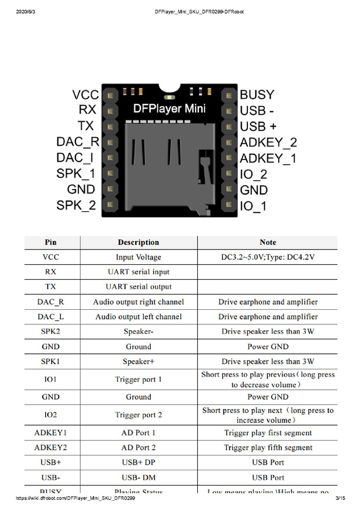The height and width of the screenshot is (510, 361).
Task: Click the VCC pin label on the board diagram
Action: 85,95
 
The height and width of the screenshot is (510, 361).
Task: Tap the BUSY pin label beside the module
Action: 257,95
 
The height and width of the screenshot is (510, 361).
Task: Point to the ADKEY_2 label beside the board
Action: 268,142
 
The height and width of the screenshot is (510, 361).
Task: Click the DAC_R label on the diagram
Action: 78,142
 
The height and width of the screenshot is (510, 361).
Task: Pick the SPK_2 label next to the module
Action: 76,205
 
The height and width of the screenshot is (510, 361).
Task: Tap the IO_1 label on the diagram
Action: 253,206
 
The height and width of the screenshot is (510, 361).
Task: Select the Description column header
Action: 138,242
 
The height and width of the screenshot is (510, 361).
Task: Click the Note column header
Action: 268,242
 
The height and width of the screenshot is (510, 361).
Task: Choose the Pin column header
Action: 51,242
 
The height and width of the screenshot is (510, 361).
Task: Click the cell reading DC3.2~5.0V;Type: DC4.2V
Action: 268,258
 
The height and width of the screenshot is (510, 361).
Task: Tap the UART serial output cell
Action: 139,287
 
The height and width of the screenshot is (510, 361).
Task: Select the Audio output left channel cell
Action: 139,317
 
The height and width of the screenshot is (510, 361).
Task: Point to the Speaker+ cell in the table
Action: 139,361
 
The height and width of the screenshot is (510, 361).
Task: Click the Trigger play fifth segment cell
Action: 268,448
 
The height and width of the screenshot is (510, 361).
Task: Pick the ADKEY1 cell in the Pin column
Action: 51,433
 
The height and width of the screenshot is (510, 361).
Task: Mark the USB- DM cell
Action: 139,478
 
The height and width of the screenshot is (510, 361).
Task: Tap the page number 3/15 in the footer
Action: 341,498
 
